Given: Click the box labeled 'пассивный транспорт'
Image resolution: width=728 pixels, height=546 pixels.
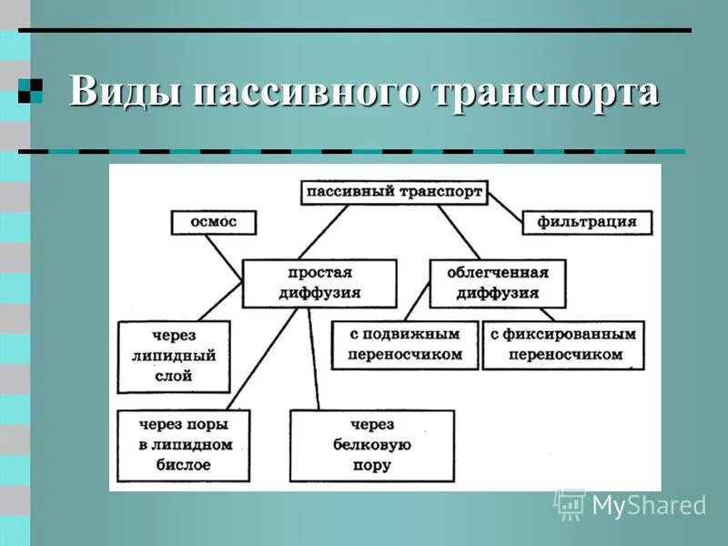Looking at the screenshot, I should point(394,192).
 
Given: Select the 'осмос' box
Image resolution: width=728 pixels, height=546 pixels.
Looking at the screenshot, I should point(214,222).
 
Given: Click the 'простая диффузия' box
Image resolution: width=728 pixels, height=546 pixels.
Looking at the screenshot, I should point(319,283).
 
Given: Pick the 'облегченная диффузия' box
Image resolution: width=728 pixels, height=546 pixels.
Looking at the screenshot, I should point(497,283).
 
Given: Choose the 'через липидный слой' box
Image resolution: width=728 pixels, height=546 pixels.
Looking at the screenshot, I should point(174,355).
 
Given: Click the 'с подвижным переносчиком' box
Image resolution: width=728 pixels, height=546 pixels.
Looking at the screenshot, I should point(405,344).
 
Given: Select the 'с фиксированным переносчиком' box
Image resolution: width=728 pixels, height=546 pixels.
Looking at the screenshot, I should point(562,344).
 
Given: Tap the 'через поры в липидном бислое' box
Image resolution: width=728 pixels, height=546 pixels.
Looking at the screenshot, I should point(185,444).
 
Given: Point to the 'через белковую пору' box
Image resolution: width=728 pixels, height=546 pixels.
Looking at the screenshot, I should point(371,444).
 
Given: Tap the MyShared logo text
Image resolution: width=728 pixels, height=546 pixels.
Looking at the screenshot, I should point(648,505).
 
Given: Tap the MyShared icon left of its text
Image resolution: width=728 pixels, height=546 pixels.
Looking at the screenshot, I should point(570,503).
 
